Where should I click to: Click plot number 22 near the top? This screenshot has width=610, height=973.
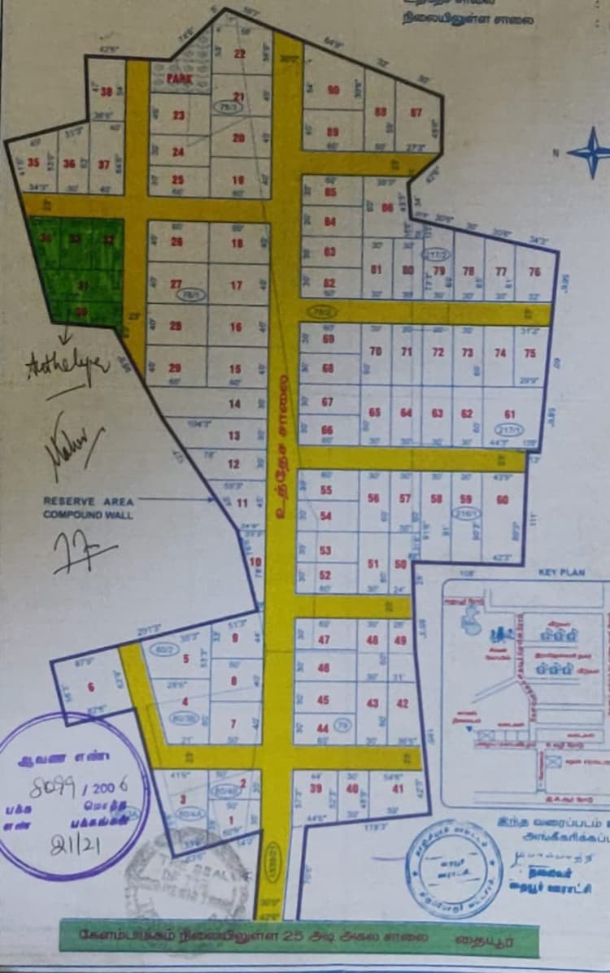239,54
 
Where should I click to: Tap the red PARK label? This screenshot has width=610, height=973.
178,79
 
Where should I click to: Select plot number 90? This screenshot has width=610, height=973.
333,90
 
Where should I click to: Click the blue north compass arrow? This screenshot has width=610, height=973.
588,152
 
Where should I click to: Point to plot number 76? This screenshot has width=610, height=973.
534,272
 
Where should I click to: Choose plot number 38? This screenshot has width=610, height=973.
107,91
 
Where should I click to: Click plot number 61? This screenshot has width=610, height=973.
510,413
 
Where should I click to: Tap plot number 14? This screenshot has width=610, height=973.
234,403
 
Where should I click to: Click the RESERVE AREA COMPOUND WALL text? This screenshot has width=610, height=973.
88,508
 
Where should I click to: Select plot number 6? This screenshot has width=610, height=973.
90,687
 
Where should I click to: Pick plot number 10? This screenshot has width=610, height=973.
256,562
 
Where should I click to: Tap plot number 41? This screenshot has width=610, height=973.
398,788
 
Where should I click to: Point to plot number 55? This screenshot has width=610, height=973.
326,490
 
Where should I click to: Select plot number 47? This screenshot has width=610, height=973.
324,639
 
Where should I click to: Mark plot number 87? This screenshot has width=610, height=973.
416,112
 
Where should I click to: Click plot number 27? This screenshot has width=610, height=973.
175,284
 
